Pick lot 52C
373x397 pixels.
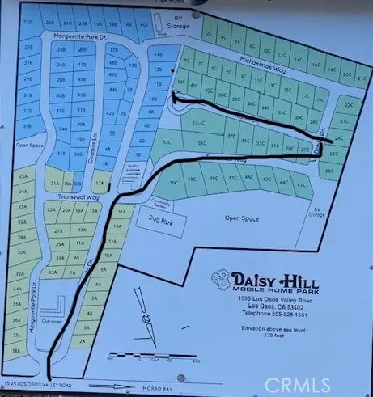167,142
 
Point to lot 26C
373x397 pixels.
328,171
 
